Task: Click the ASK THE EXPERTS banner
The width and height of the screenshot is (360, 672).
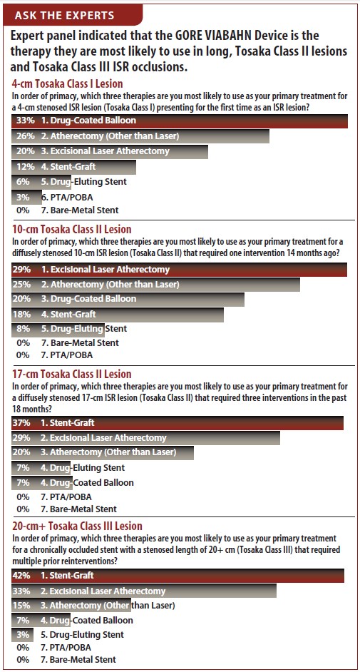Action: pos(73,16)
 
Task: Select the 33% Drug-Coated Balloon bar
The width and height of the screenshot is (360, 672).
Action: pos(180,121)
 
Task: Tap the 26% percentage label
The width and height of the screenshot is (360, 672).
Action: pos(23,137)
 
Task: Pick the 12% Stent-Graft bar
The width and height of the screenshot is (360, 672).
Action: pos(73,167)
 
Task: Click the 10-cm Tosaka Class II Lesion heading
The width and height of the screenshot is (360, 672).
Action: pos(72,229)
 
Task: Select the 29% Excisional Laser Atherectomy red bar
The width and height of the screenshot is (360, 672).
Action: pos(180,270)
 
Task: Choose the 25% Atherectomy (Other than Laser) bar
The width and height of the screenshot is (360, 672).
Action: pos(156,285)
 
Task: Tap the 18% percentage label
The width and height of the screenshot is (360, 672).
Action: pos(23,314)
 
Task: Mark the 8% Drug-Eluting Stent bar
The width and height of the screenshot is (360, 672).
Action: pos(58,329)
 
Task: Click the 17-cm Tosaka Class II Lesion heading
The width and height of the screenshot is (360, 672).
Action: pos(72,375)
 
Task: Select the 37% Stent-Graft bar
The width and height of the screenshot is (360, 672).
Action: pos(178,423)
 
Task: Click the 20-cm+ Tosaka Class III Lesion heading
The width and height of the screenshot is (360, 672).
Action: pos(78,526)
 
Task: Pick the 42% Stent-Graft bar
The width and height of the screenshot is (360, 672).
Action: pos(178,576)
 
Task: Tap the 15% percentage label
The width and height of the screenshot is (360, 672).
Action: pos(23,606)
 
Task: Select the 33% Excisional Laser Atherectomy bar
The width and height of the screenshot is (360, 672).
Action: pos(144,591)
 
